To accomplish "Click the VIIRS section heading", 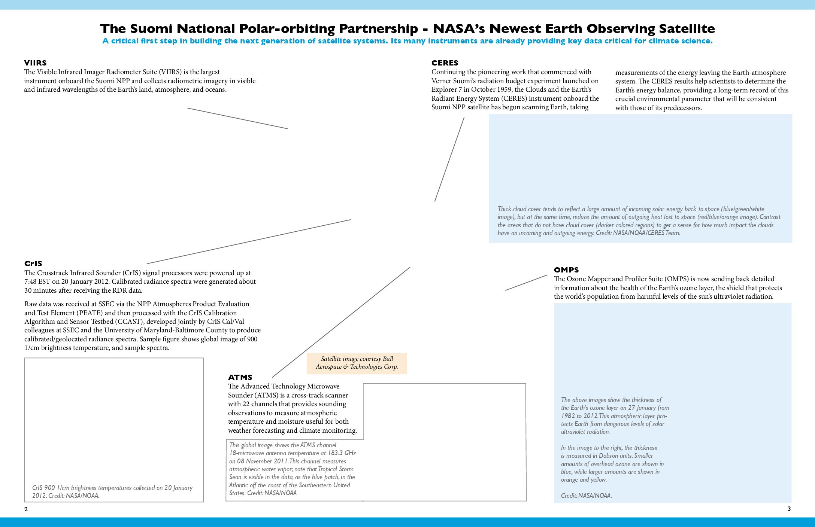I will [x=35, y=63].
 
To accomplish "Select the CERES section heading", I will [x=445, y=63].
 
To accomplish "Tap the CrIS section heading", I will [x=33, y=263].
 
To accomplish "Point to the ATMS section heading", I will [x=240, y=377].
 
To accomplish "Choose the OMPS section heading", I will [x=566, y=270].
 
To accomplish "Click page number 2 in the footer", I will [x=26, y=509].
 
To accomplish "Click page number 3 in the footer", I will [x=789, y=509].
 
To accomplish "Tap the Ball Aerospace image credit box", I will [x=357, y=363].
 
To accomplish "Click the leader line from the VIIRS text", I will [x=237, y=118].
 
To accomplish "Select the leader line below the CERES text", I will [x=449, y=159].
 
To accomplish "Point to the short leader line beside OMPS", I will [x=526, y=283].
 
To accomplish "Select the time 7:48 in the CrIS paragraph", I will [x=31, y=281].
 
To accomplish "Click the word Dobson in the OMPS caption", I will [x=610, y=456].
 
